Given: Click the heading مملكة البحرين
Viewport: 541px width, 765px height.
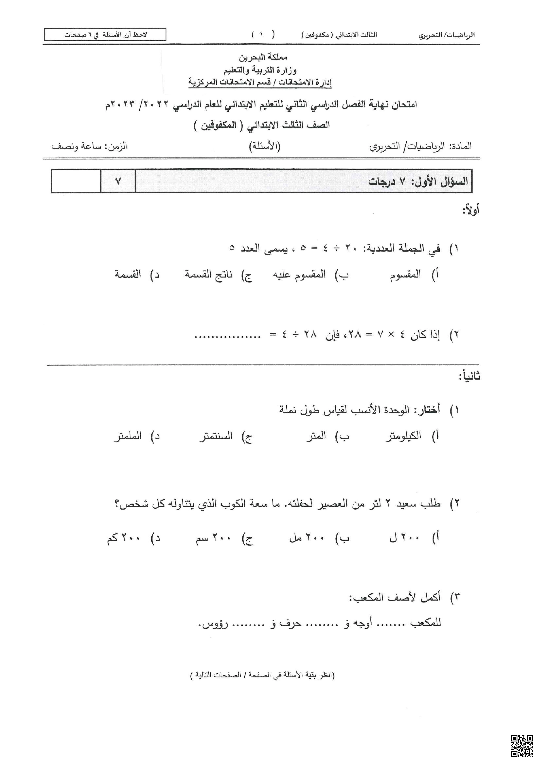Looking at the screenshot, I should click(x=263, y=57).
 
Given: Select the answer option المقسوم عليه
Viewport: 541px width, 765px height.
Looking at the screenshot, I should click(x=299, y=275).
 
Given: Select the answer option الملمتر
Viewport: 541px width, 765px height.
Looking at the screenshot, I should click(x=128, y=436).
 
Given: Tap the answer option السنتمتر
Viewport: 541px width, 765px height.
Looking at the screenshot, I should click(x=216, y=436).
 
